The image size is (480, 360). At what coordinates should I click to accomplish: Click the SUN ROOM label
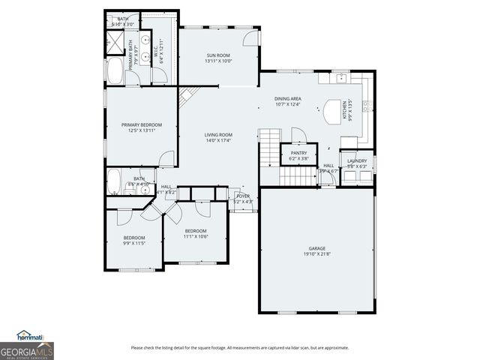218,55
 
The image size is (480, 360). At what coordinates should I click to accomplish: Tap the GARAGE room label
317,248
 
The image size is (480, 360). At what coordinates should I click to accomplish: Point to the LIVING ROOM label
219,135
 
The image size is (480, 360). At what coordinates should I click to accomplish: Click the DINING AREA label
287,98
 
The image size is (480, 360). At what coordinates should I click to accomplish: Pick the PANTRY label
298,153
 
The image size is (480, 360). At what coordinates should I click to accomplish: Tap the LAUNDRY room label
356,160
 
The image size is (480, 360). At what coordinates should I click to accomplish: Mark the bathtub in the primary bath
116,73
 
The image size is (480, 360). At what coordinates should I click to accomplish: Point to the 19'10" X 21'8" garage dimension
317,253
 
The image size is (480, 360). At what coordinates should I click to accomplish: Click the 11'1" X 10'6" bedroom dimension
196,236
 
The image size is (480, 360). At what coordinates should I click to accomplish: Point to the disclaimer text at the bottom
239,347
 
